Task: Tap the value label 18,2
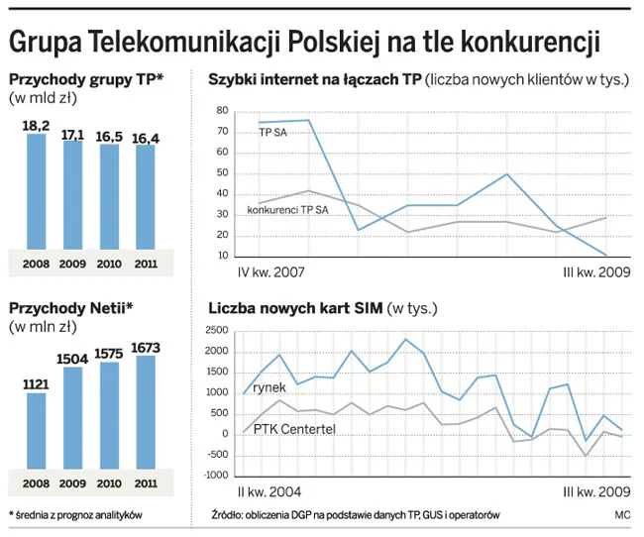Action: pyautogui.click(x=37, y=125)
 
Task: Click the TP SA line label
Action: pyautogui.click(x=274, y=132)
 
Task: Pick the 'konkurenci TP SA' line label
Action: pyautogui.click(x=287, y=210)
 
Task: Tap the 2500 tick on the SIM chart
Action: pyautogui.click(x=216, y=331)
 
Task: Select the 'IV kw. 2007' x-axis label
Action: pyautogui.click(x=270, y=270)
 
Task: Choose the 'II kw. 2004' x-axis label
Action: pyautogui.click(x=270, y=492)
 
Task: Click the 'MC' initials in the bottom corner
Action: pyautogui.click(x=622, y=515)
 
